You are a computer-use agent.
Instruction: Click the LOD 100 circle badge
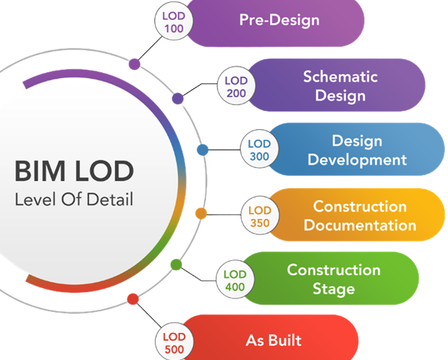[174, 22]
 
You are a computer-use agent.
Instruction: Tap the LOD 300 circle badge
[259, 150]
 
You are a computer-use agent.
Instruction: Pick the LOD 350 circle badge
[259, 216]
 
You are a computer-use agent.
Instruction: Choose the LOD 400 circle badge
[235, 280]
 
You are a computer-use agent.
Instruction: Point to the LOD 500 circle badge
[174, 343]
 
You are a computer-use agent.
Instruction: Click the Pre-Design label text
[279, 20]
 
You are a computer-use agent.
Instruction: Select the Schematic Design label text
[340, 85]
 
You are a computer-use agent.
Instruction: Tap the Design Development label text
[357, 150]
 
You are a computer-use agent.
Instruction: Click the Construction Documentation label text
[360, 215]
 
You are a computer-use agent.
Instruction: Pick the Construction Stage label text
[334, 279]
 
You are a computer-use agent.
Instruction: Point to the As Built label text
[274, 340]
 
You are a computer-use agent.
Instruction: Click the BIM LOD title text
[74, 172]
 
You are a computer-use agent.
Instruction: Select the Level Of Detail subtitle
[74, 200]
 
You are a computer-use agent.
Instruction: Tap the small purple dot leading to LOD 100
[134, 64]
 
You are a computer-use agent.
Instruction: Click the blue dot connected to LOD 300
[202, 150]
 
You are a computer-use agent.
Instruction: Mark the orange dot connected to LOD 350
[201, 213]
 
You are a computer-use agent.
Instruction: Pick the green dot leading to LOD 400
[176, 265]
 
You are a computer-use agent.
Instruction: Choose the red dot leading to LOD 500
[132, 300]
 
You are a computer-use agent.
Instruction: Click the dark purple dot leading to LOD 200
[178, 98]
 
